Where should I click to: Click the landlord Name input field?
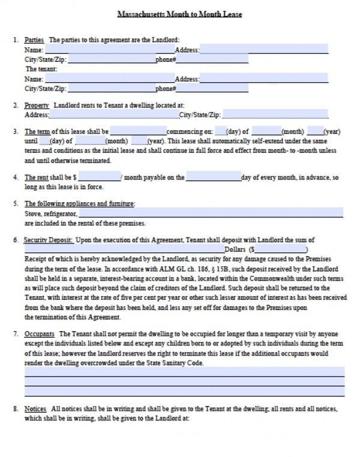point(109,50)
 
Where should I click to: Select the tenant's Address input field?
point(263,79)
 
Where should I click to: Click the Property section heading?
point(37,106)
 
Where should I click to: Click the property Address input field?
point(113,115)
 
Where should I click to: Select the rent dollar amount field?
point(100,178)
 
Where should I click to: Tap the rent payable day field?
point(213,178)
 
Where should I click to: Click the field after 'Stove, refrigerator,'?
point(211,213)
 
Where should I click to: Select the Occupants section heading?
point(40,333)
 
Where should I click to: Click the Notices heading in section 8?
point(35,409)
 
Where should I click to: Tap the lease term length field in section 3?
point(138,131)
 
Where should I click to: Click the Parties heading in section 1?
point(34,40)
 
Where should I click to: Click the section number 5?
point(15,204)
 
